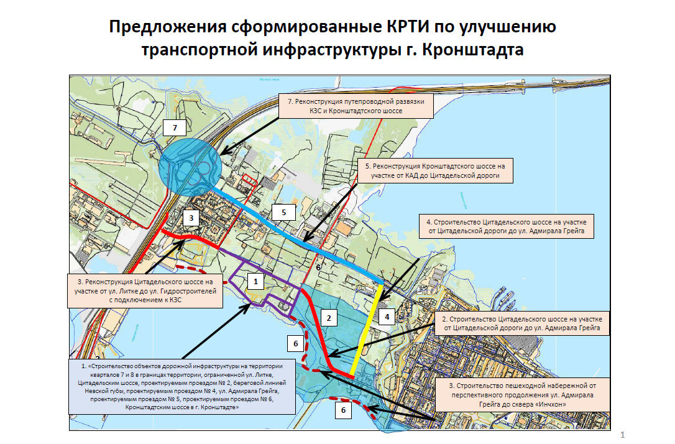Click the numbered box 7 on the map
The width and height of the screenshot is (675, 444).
(175, 128)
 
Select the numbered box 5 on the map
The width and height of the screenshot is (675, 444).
(283, 212)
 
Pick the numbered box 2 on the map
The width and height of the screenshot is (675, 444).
(331, 319)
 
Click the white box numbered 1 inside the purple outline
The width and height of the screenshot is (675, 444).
(253, 281)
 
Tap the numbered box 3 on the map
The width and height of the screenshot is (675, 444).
(191, 218)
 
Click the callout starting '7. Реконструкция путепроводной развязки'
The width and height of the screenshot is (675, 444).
(355, 106)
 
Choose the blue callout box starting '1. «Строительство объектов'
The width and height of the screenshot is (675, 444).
(181, 387)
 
